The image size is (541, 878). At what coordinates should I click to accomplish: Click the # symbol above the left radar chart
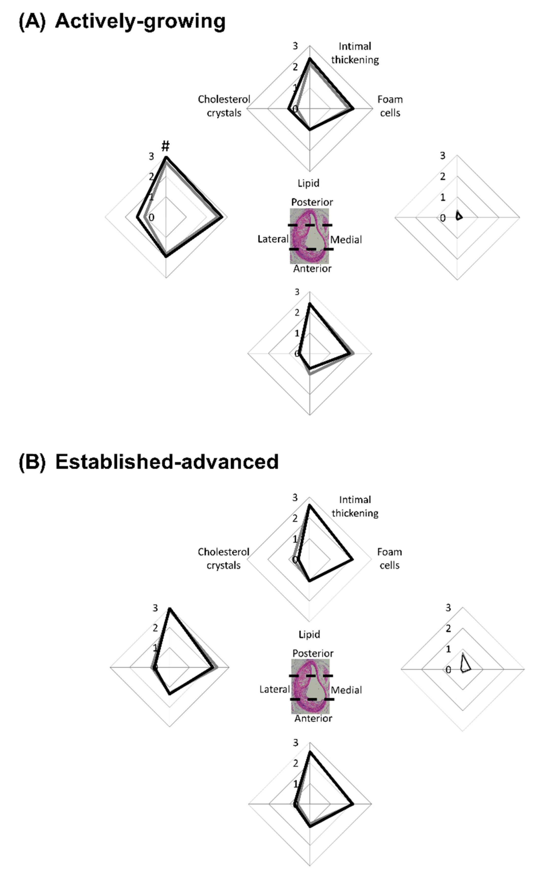click(x=165, y=146)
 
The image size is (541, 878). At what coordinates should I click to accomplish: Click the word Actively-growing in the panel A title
click(x=140, y=21)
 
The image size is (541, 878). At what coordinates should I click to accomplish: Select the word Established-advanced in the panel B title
click(x=167, y=462)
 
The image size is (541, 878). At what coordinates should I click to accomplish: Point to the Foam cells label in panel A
click(x=390, y=106)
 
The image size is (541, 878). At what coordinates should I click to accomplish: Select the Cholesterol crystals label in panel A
click(x=224, y=106)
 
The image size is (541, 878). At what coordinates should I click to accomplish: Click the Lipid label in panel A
click(x=308, y=183)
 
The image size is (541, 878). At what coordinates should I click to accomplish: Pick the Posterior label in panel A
click(x=312, y=202)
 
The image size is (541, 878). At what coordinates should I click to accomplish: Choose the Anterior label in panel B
click(x=313, y=718)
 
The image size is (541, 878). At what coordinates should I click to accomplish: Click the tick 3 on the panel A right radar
click(x=443, y=156)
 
